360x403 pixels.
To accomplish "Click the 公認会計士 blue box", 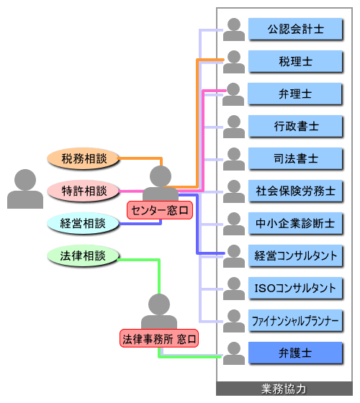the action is (295, 29).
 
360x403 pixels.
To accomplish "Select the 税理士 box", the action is (295, 61).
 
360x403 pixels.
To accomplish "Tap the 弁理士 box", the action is (295, 94).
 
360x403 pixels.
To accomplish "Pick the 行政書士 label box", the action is (295, 126).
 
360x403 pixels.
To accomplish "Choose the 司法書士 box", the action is (295, 158).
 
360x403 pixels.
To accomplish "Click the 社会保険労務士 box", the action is (295, 191).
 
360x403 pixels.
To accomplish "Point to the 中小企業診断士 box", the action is (295, 223).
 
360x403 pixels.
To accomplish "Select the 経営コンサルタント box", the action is (295, 255).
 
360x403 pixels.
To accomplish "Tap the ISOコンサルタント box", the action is (295, 288).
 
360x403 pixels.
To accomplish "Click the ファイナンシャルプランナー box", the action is (295, 320).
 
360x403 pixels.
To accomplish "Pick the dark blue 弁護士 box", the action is (295, 353).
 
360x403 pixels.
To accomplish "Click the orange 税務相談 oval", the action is (84, 158).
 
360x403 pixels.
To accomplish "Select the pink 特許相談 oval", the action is (84, 191).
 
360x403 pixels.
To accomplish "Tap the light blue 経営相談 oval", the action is (83, 223).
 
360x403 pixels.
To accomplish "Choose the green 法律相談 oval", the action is (83, 255).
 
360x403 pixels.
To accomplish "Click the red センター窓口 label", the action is (160, 210).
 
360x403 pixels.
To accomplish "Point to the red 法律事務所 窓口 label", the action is (159, 338).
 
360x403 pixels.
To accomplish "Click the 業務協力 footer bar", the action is (284, 389).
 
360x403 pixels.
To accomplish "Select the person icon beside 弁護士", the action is (234, 353).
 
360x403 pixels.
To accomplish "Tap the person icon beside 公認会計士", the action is (234, 30).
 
